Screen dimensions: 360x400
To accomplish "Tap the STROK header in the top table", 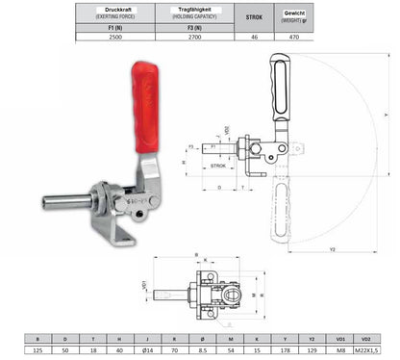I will (254, 15).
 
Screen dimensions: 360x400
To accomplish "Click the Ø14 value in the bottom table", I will (146, 351).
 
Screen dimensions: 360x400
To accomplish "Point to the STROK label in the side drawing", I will (218, 165).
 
